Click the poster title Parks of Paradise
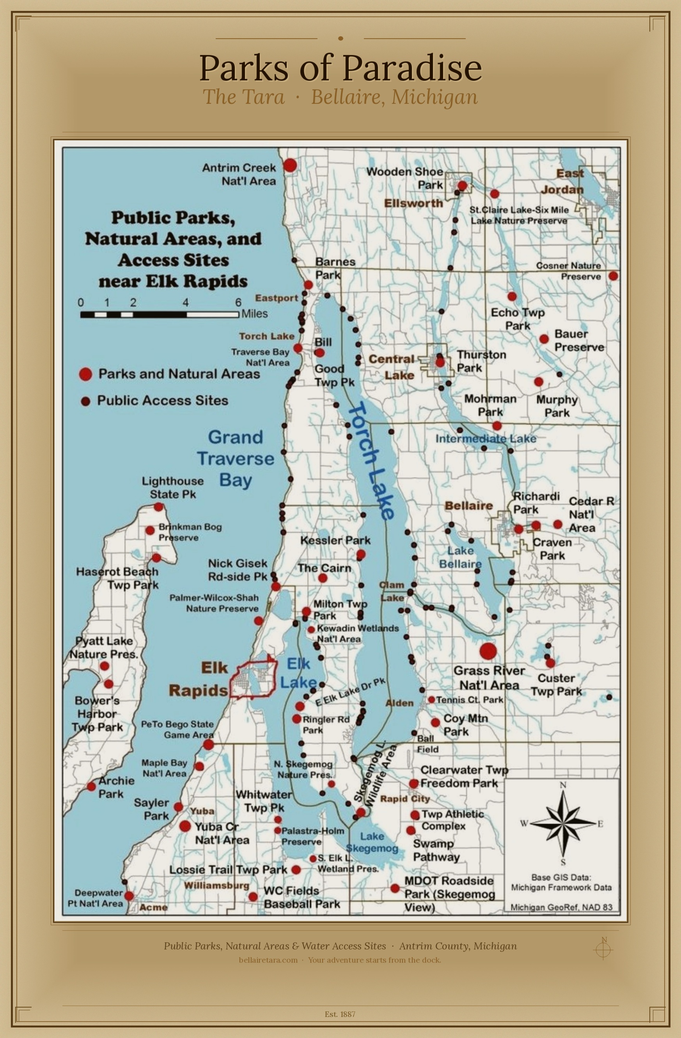click(340, 68)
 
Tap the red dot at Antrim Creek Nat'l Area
click(290, 165)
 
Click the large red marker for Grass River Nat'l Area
click(488, 651)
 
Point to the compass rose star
click(563, 823)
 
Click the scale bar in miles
click(159, 314)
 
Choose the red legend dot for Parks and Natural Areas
click(85, 374)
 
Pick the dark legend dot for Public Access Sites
click(85, 401)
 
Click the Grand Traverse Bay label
click(236, 459)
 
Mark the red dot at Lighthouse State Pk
click(159, 507)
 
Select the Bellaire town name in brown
click(469, 506)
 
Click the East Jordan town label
click(565, 181)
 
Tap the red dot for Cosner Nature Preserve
click(613, 275)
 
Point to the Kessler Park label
click(335, 540)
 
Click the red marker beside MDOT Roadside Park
click(395, 888)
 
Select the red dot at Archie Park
click(91, 786)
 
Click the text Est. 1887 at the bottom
click(340, 1014)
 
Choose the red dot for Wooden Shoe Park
click(462, 186)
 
